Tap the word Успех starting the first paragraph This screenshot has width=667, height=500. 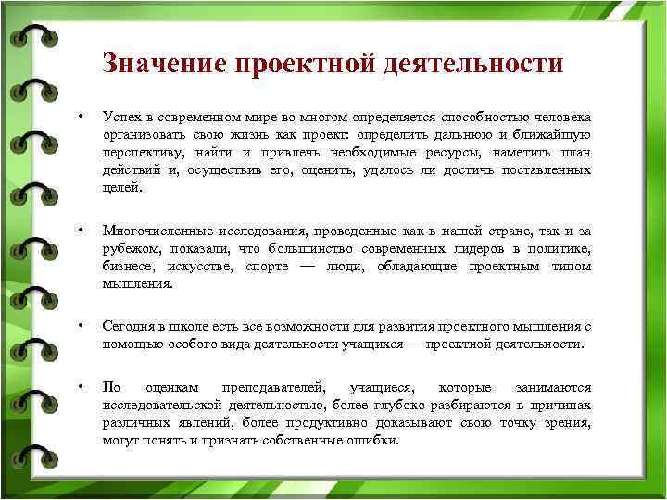coord(120,118)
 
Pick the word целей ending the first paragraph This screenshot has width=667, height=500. coord(121,186)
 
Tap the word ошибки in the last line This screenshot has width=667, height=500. coord(374,440)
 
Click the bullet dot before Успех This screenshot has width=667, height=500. coord(82,118)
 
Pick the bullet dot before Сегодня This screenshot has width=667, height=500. coord(82,326)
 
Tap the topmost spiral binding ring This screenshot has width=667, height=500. coord(28,37)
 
